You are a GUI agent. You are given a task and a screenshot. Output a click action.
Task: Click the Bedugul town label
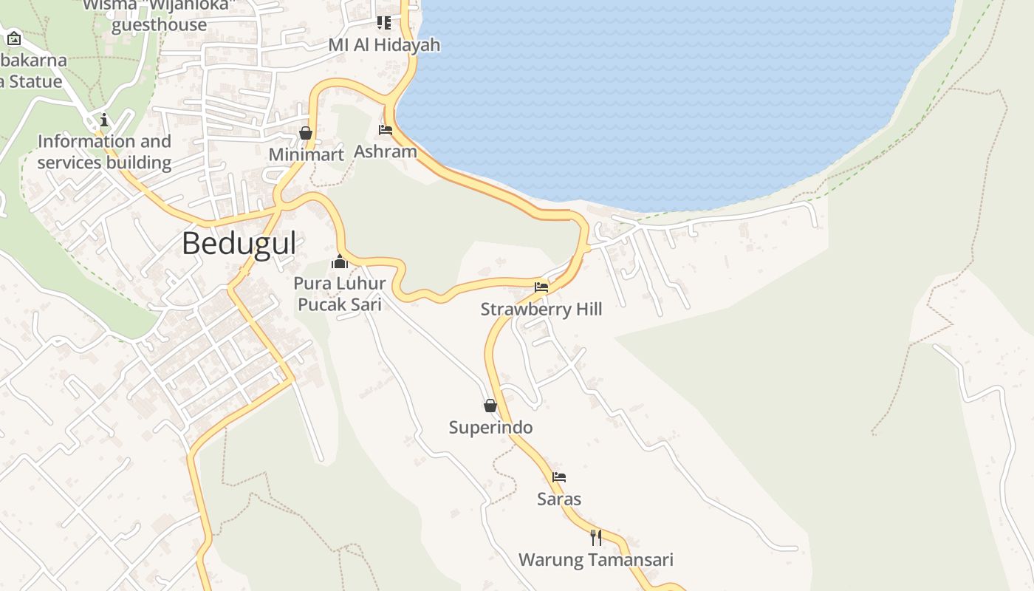click(x=239, y=243)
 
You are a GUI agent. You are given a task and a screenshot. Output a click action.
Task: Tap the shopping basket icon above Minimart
click(x=306, y=133)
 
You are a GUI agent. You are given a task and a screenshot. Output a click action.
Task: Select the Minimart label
click(x=307, y=154)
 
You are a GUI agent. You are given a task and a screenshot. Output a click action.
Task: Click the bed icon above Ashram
click(x=386, y=130)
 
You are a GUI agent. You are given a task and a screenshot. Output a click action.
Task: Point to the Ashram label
click(x=386, y=151)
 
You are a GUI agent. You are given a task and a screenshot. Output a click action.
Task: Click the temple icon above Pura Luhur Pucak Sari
click(x=340, y=262)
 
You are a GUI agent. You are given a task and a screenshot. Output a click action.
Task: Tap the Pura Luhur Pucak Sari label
click(x=340, y=293)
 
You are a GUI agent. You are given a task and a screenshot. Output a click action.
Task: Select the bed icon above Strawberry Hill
click(x=541, y=287)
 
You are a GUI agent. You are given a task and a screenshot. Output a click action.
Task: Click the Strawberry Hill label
click(x=541, y=309)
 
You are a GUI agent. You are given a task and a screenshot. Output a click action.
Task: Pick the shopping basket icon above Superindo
click(x=490, y=406)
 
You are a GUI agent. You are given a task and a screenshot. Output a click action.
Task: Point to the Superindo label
click(x=490, y=427)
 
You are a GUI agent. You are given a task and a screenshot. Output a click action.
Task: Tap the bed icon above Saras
click(x=559, y=477)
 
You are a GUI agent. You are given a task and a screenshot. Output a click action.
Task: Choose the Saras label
click(x=559, y=499)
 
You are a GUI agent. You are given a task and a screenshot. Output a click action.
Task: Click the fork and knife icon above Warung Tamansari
click(x=596, y=537)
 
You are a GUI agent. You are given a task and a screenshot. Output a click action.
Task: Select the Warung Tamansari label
click(x=596, y=559)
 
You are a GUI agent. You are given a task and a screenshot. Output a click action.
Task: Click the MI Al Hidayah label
click(x=384, y=44)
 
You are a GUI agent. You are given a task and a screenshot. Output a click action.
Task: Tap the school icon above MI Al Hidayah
click(x=384, y=23)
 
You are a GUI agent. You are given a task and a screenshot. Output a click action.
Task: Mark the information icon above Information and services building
click(x=104, y=120)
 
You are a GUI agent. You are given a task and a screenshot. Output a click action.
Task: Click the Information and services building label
click(x=104, y=151)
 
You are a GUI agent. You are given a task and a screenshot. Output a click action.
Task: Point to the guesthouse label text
click(x=159, y=24)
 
